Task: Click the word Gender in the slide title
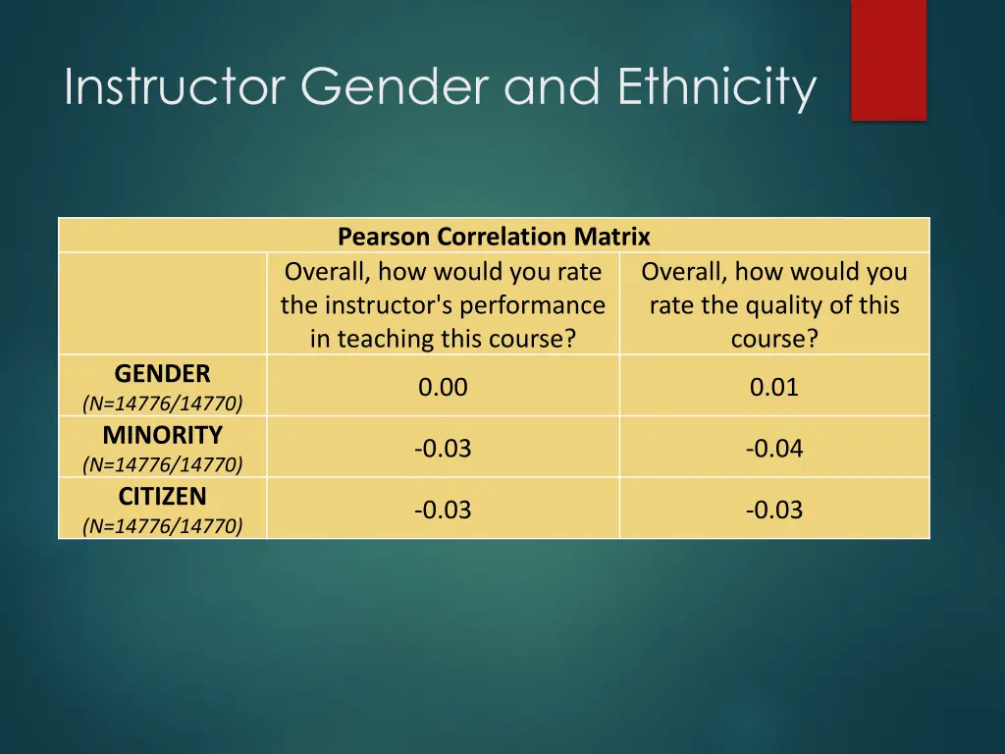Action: coord(393,87)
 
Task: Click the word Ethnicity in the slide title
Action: coord(716,87)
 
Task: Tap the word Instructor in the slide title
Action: coord(174,87)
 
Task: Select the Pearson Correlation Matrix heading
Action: coord(494,237)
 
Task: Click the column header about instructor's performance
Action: coord(443,304)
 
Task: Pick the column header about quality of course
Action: coord(774,304)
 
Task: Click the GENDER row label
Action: coord(162,374)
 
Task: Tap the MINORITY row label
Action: coord(162,435)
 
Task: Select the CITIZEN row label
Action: coord(162,497)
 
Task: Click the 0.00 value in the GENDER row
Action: coord(443,388)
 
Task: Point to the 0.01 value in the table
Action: coord(774,388)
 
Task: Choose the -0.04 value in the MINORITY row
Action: coord(774,449)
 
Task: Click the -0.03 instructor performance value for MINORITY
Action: coord(443,449)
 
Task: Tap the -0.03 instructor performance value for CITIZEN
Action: coord(443,511)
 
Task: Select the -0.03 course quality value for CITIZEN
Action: coord(774,511)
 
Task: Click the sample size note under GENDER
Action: coord(162,403)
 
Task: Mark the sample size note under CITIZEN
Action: coord(162,526)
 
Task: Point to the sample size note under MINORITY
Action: coord(162,464)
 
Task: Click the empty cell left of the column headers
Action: coord(162,304)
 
